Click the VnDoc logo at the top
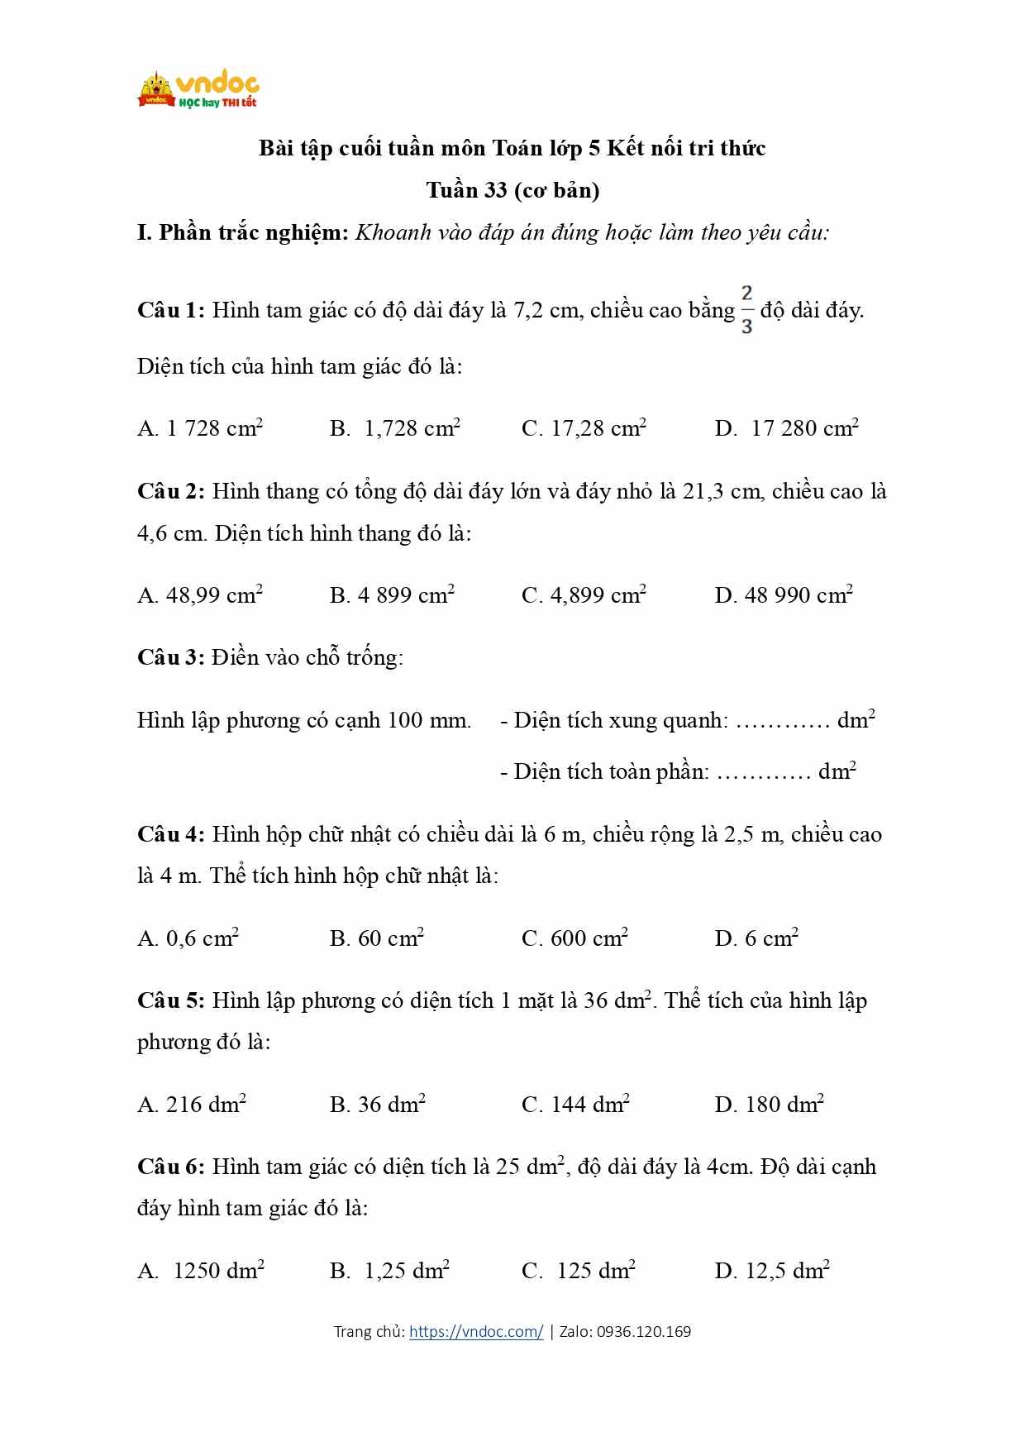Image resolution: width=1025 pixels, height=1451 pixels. click(199, 89)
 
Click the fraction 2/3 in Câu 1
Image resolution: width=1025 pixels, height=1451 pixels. click(746, 309)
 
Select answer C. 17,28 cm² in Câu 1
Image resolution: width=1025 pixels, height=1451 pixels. click(584, 428)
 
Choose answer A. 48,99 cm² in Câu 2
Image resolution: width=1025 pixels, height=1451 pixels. click(200, 595)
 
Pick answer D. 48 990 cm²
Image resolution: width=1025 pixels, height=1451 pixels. click(784, 595)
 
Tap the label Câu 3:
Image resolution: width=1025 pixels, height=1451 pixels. click(170, 658)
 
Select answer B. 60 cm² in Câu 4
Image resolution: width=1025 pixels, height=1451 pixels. click(376, 938)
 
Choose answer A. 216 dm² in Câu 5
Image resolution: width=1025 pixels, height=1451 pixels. click(192, 1105)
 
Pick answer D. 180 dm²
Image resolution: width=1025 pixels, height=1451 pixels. click(769, 1105)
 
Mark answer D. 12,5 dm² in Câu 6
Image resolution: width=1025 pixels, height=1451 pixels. click(772, 1271)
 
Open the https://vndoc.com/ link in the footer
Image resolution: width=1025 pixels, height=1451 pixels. click(476, 1331)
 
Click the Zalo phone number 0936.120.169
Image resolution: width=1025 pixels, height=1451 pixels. click(643, 1331)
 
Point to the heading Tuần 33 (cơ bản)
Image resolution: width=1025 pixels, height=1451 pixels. click(512, 190)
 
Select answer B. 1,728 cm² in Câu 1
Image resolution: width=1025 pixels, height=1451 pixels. click(395, 428)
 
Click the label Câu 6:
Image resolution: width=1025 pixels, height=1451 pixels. click(170, 1167)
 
